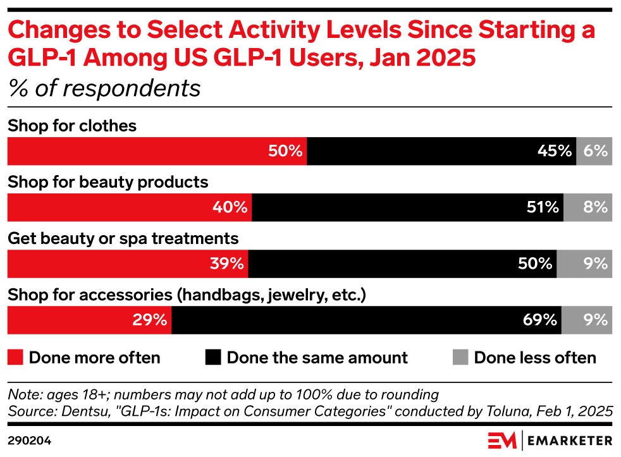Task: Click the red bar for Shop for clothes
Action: click(157, 152)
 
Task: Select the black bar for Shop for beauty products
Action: click(407, 207)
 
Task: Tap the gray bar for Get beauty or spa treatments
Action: click(584, 264)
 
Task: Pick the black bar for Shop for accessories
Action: click(366, 320)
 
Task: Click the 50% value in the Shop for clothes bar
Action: click(286, 152)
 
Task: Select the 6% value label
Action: click(596, 152)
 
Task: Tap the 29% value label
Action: click(150, 320)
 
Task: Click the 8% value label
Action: click(596, 207)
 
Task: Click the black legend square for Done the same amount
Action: click(214, 358)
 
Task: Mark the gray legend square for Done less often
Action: click(460, 358)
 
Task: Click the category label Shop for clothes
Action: click(72, 126)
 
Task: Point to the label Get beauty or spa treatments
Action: click(123, 238)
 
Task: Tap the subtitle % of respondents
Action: click(104, 88)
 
